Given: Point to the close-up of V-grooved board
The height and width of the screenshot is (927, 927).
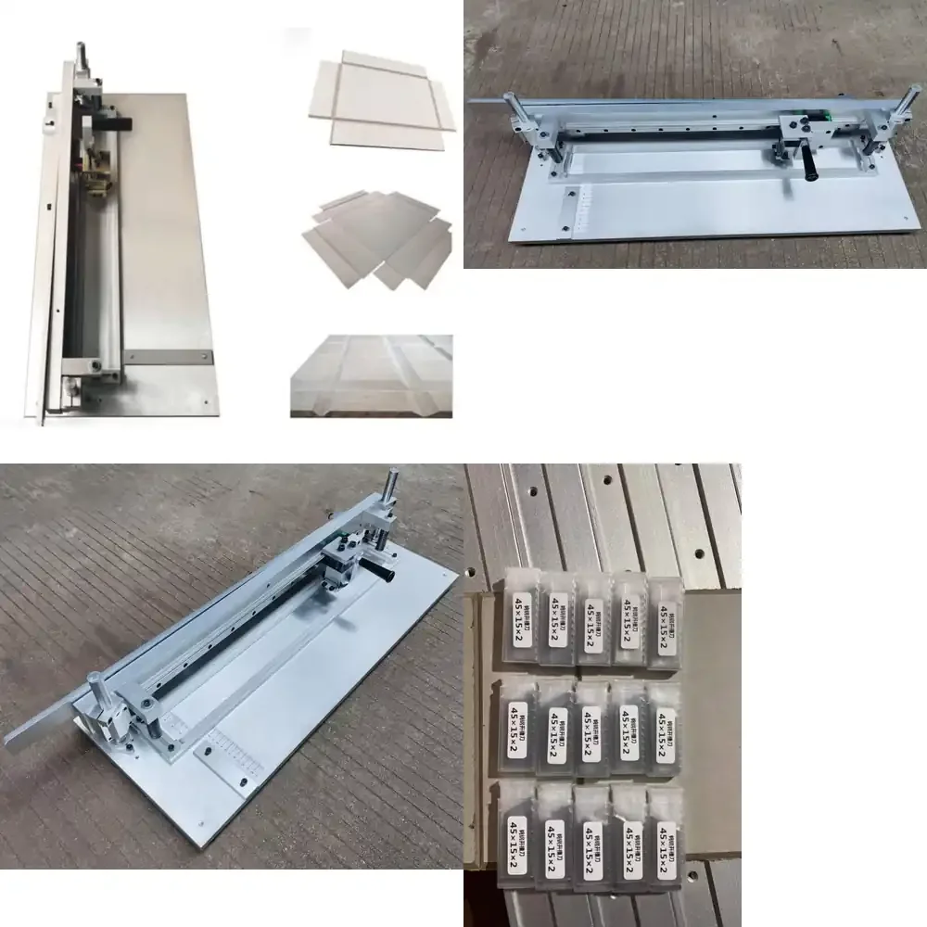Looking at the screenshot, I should [372, 375].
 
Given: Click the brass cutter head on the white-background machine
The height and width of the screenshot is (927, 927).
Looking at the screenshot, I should [95, 181].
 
